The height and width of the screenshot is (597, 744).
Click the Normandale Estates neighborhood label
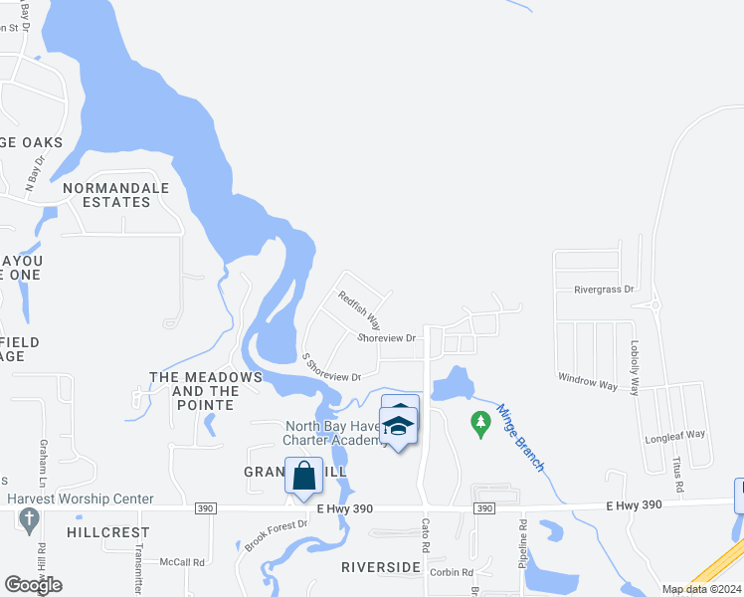coord(106,195)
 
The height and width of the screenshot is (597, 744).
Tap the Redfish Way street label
coord(359,309)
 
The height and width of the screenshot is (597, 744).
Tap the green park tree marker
coord(481,424)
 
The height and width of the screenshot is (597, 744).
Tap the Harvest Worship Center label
coord(81,498)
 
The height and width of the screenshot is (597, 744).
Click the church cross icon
coord(28,518)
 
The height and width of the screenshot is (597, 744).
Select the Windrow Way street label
coord(588,380)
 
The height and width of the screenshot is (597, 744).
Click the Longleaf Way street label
coord(674,434)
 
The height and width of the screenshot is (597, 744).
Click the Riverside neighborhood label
coord(381,567)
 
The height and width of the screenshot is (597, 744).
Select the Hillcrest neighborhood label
coord(107,532)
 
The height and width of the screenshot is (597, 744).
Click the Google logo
coord(33,585)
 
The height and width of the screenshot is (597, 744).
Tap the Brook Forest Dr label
coord(271,532)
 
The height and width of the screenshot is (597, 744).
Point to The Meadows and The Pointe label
coord(205,391)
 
